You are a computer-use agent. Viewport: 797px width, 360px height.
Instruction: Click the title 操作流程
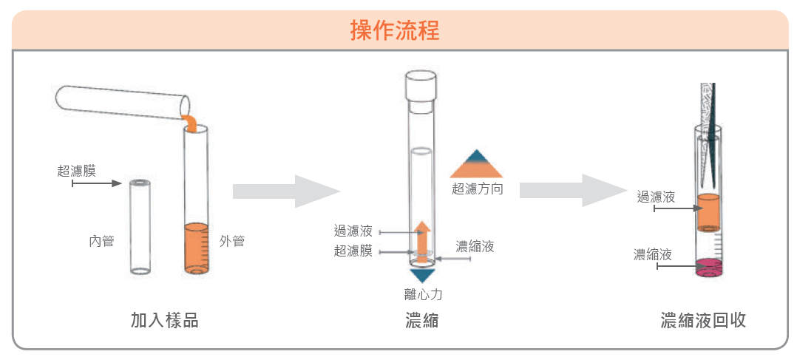click(395, 30)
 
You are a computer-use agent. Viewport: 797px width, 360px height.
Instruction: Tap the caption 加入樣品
click(164, 320)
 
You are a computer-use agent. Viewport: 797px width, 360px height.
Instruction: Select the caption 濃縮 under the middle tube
click(422, 320)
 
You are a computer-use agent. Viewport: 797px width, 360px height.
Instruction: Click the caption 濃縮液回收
click(703, 320)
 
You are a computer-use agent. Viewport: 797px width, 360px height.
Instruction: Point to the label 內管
click(101, 241)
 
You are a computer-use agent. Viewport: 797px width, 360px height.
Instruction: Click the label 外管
click(232, 241)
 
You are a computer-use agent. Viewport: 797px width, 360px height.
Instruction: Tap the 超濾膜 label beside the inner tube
click(76, 171)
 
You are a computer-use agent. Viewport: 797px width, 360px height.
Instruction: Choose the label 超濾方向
click(478, 189)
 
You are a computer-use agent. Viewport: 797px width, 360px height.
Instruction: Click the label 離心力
click(423, 294)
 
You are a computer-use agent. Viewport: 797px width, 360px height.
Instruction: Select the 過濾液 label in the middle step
click(353, 231)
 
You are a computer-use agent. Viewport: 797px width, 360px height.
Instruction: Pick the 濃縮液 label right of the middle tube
click(475, 246)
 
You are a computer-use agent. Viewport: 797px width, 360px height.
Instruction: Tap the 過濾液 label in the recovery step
click(656, 197)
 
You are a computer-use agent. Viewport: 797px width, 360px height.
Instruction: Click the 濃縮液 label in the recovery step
click(653, 255)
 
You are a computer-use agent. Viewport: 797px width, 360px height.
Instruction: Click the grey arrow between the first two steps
click(286, 191)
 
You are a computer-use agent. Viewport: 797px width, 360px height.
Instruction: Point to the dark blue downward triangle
click(422, 275)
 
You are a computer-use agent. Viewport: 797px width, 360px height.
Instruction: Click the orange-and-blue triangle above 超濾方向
click(477, 164)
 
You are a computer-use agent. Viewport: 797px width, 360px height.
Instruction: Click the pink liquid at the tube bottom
click(709, 266)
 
